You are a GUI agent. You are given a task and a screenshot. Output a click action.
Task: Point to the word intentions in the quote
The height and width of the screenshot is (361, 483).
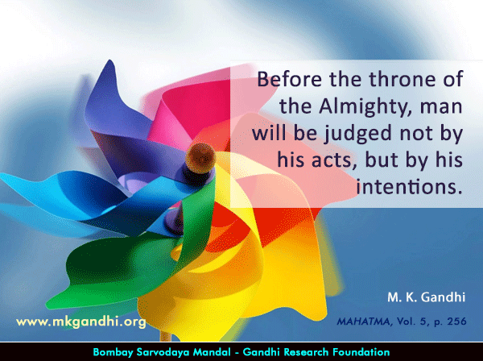[410, 186]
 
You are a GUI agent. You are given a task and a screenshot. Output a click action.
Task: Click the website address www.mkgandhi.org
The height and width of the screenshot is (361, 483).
[81, 322]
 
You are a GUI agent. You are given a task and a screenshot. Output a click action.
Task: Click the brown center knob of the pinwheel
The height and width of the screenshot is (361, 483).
[200, 158]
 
